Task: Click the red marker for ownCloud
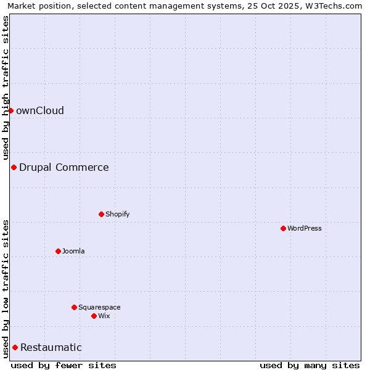point(10,110)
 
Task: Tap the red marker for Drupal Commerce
point(14,167)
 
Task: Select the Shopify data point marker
point(101,214)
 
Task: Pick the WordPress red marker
point(283,228)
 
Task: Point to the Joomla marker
point(58,251)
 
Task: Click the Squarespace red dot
point(74,307)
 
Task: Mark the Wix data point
point(94,316)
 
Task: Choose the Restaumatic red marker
point(15,347)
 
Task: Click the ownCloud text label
point(40,111)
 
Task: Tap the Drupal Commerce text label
point(64,168)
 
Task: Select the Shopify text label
point(118,215)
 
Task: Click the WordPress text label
point(305,229)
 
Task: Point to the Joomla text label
point(73,252)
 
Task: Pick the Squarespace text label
point(99,308)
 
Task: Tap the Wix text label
point(104,316)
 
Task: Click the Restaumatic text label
point(51,348)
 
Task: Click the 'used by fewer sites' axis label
point(64,365)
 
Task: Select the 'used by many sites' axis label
point(310,365)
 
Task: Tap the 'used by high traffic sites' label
point(6,88)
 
